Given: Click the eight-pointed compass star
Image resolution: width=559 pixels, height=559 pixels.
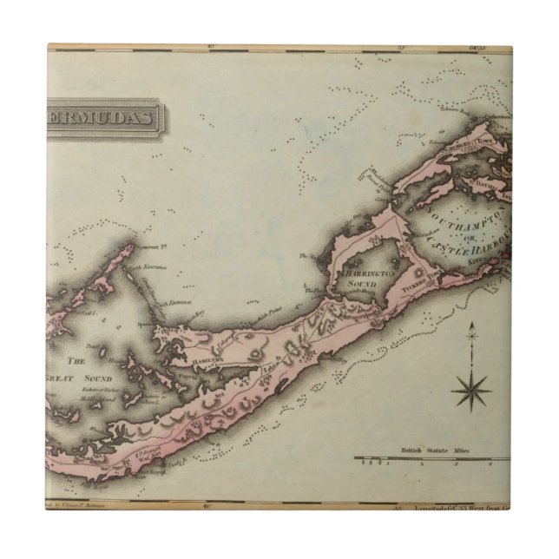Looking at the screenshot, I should pyautogui.click(x=471, y=391).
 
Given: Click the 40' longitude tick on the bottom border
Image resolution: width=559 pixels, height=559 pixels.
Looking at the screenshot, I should pyautogui.click(x=206, y=503).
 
